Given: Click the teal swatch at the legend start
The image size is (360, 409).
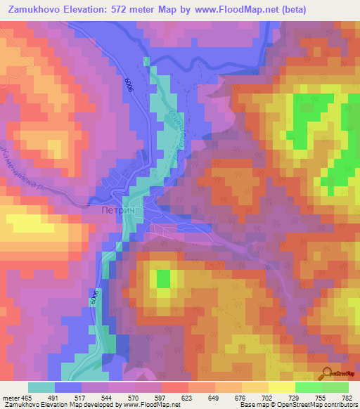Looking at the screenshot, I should pos(41,387).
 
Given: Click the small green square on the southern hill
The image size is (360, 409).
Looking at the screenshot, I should pos(163,279).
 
